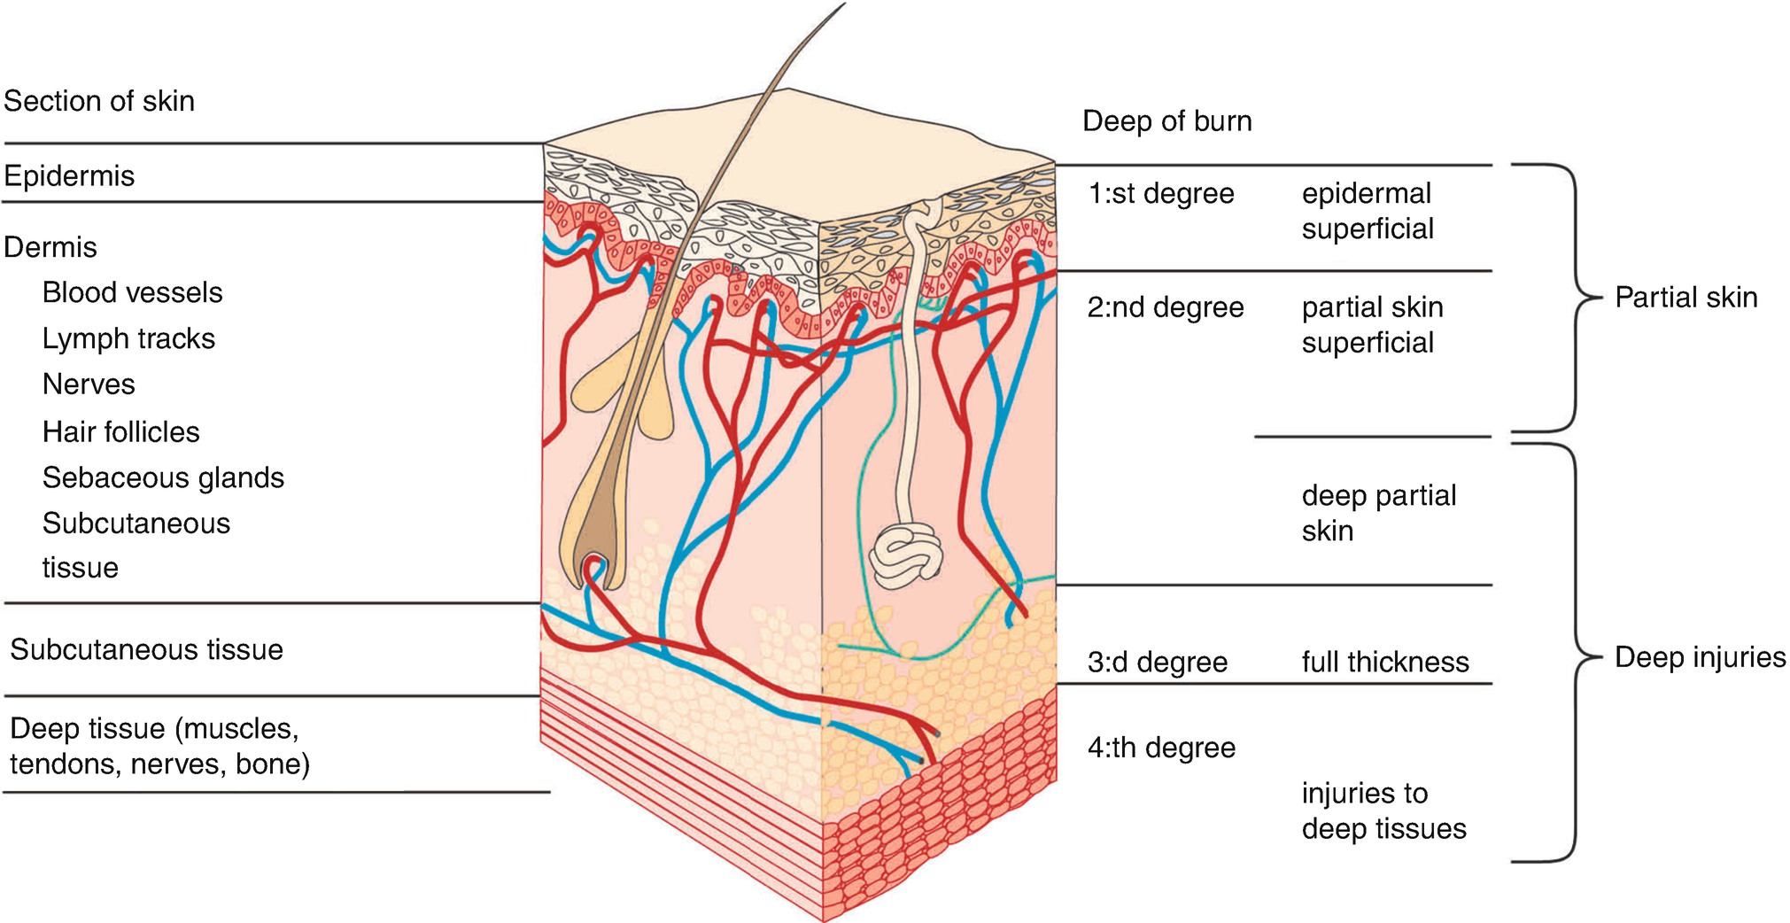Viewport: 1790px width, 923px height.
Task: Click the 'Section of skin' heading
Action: click(99, 101)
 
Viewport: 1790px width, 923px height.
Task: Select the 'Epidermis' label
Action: click(69, 175)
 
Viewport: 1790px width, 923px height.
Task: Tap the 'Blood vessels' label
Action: click(132, 292)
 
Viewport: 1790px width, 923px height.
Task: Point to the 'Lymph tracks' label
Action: click(128, 338)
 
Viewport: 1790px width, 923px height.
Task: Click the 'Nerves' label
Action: click(89, 384)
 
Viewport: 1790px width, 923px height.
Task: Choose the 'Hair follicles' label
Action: click(120, 431)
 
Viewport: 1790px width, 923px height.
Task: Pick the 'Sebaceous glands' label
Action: click(163, 477)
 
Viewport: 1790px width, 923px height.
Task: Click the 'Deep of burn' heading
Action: click(1166, 121)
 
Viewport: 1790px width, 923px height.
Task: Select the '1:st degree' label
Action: click(1160, 193)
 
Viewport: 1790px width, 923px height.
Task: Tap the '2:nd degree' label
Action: click(1165, 307)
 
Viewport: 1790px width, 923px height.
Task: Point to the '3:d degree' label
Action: click(1157, 662)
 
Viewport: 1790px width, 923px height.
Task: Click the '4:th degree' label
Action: click(1160, 748)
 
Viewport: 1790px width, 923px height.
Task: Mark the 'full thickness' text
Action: click(1384, 662)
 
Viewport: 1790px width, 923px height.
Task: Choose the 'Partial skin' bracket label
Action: click(1685, 298)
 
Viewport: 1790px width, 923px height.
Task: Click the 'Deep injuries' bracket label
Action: click(1700, 657)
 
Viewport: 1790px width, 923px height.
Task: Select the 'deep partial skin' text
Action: click(1377, 513)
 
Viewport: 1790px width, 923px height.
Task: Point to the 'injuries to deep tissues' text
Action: click(1383, 811)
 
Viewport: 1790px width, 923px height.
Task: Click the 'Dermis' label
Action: click(50, 247)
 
